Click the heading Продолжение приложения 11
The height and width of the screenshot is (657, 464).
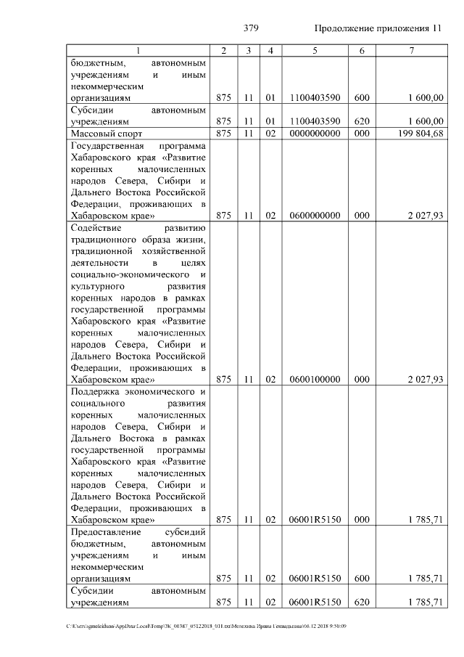(378, 28)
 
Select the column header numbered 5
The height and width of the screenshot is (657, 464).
(315, 50)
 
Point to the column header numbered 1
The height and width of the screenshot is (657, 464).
(139, 50)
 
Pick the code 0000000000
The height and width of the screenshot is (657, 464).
(315, 134)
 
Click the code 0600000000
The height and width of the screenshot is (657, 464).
(315, 216)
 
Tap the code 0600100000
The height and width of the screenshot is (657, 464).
(315, 379)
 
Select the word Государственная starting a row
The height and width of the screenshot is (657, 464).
(107, 146)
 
